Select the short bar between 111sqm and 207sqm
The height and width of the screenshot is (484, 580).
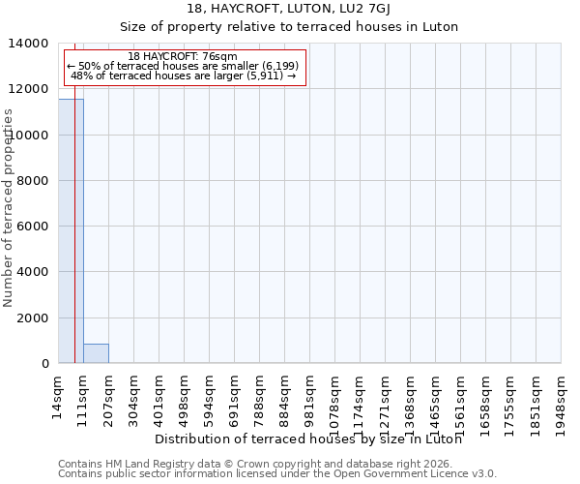tap(96, 353)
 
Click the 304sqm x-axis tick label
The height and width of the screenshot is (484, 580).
tap(134, 395)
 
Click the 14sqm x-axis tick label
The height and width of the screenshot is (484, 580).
tap(59, 392)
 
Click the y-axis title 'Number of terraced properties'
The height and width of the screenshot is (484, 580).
tap(9, 208)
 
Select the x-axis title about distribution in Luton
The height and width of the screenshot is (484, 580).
tap(307, 439)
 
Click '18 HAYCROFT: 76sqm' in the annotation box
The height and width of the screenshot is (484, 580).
tap(183, 56)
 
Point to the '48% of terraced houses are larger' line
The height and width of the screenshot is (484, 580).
tap(183, 76)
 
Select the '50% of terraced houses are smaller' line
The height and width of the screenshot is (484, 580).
tap(183, 66)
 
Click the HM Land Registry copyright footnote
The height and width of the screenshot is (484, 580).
tap(261, 464)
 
